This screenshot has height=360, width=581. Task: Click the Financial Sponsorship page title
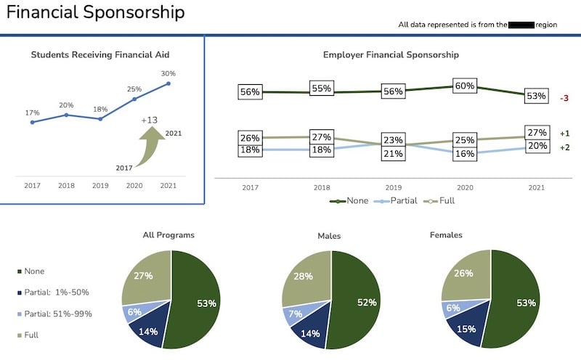point(95,12)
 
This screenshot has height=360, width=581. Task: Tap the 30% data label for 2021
point(168,73)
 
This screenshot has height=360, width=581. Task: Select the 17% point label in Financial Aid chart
point(32,112)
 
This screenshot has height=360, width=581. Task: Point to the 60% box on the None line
point(465,86)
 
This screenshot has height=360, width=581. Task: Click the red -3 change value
point(564,98)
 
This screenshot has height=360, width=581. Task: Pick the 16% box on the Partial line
point(465,153)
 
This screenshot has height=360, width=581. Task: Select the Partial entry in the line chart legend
point(400,200)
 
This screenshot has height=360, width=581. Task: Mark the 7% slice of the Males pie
point(295,314)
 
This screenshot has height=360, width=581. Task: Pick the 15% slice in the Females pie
point(466,328)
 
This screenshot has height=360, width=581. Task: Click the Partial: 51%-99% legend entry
point(58,314)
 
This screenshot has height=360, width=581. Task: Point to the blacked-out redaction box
point(521,25)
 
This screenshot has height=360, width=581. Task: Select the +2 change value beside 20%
point(564,147)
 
